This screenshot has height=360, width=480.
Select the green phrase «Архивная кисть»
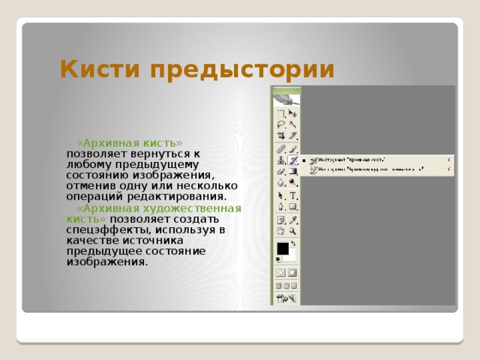coord(130,142)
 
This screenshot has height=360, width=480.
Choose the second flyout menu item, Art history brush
coord(367,169)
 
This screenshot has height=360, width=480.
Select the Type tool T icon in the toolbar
coord(293,195)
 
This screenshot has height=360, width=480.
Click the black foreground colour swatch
coord(282,248)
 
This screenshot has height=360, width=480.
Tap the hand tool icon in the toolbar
coord(280,232)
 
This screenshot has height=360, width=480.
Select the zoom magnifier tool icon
coord(293,232)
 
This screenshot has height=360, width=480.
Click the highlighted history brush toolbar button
coord(293,160)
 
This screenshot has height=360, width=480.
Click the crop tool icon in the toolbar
coord(280,136)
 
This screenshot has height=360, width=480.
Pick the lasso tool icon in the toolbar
coord(280,124)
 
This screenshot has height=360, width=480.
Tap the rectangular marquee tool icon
coord(280,112)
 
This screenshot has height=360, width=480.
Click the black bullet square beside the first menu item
coord(304,160)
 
